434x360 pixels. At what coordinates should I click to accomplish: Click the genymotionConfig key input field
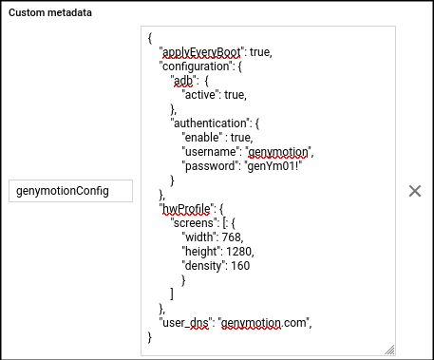coord(70,191)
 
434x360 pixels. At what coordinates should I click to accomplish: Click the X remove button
coord(414,191)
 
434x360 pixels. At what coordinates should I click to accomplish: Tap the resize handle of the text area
coord(388,350)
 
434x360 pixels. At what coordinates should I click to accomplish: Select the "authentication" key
coord(210,123)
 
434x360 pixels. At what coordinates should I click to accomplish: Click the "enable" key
coord(202,137)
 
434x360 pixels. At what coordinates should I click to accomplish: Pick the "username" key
coord(210,151)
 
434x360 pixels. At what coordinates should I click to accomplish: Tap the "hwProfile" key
coord(184,208)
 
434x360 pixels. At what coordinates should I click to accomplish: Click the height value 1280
coord(241,251)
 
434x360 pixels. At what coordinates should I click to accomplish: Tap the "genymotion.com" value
coord(264,322)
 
